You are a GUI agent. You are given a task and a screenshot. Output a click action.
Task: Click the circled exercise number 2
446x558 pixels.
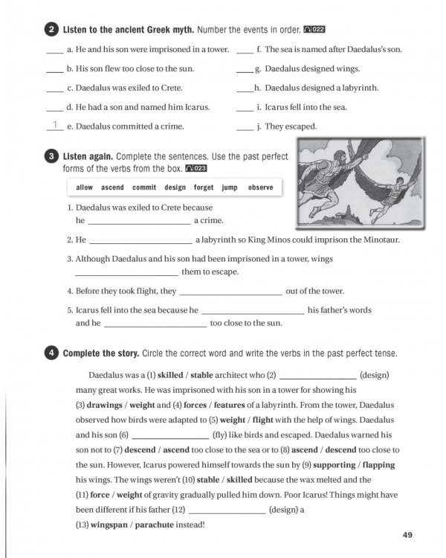coord(51,31)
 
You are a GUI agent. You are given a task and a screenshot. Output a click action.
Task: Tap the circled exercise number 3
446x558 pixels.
coord(51,157)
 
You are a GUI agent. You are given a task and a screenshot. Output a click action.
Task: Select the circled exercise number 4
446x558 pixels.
coord(51,353)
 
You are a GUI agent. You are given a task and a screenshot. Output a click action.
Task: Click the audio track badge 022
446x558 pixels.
coord(314,31)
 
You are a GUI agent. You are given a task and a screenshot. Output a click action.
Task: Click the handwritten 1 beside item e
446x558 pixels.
coord(54,125)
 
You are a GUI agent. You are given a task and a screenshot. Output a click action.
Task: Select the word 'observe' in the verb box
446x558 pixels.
coord(260,187)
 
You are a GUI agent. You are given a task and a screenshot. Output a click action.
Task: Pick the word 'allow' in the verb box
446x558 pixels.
coord(85,187)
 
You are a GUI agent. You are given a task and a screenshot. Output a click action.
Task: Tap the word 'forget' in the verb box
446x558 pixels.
coord(204,187)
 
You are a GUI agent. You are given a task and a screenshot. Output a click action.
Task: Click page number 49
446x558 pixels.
coord(407,534)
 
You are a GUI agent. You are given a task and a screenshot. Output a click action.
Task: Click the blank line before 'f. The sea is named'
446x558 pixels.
coord(245,53)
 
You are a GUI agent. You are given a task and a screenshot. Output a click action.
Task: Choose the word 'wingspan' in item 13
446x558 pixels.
coord(111,525)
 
